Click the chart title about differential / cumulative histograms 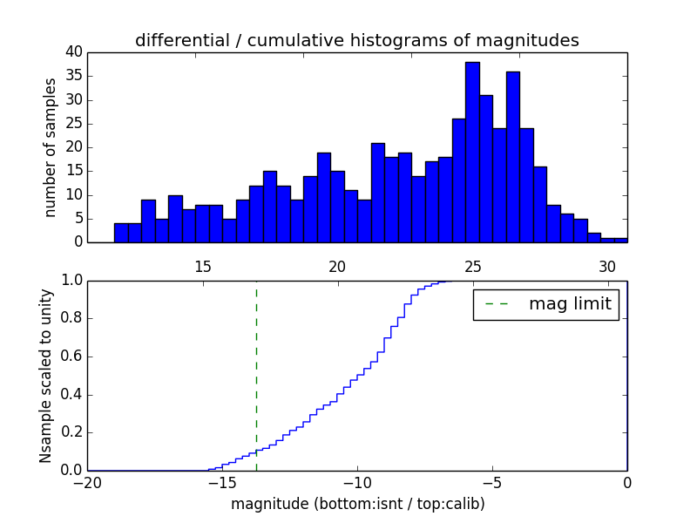point(357,40)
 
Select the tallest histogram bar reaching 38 point(472,153)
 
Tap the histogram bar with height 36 point(513,157)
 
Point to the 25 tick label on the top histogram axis point(472,266)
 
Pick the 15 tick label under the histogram point(202,266)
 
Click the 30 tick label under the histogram point(607,266)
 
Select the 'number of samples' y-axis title point(51,147)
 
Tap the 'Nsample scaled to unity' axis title point(45,376)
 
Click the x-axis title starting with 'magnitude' point(357,504)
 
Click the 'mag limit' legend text point(570,304)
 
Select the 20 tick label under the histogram point(337,266)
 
